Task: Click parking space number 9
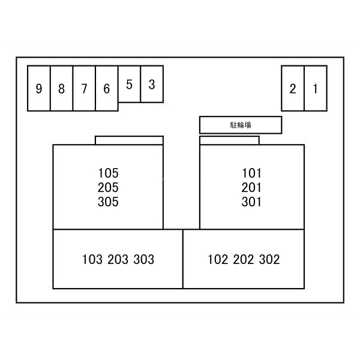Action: [39, 89]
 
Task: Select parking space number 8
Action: [62, 89]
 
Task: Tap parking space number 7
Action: [84, 89]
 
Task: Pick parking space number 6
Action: [107, 89]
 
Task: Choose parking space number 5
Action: [129, 84]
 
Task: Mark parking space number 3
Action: [152, 84]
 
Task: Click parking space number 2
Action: [293, 89]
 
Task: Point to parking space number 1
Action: [315, 89]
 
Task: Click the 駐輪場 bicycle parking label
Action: [241, 125]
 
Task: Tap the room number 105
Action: [108, 173]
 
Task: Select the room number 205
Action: [108, 187]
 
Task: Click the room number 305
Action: [108, 202]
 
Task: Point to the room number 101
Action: [251, 173]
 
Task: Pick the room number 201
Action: [251, 187]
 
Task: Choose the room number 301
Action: [251, 202]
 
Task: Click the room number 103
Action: [92, 259]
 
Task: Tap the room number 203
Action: [118, 259]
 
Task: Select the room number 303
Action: [144, 259]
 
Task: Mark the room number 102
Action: [218, 259]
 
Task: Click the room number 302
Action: [269, 259]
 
